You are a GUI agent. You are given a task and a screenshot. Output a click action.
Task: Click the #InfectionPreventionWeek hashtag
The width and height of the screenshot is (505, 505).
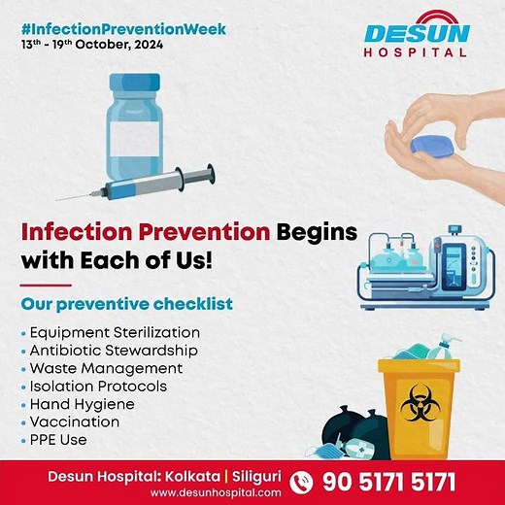pos(121,29)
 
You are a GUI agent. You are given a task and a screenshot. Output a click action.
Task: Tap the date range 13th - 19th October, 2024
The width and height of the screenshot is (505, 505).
pos(91,46)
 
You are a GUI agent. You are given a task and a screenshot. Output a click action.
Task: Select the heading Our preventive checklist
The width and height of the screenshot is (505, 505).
pos(127,304)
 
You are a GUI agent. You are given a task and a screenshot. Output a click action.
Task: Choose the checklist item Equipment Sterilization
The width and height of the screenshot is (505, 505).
pos(115,333)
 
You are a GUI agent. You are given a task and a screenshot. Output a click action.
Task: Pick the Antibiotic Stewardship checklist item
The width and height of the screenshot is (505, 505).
pos(114,351)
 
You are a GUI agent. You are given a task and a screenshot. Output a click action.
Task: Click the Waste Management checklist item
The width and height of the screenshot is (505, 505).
pos(106,369)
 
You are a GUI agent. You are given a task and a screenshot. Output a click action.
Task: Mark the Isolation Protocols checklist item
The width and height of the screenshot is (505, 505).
pos(98,387)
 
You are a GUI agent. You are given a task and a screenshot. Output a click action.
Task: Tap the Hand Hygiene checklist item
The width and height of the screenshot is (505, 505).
pos(83,404)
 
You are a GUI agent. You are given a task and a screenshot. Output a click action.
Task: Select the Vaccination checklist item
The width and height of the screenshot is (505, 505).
pos(75,421)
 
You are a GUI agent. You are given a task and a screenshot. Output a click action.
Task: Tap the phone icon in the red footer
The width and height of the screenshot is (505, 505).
pos(302,481)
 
